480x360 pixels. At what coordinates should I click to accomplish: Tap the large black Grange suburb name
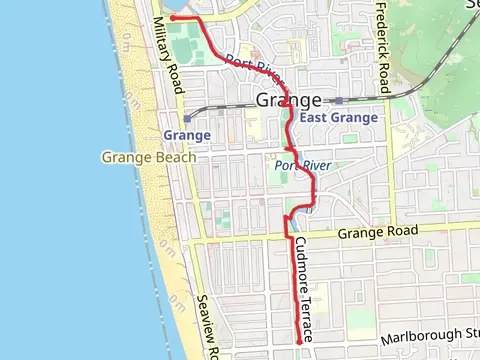point(289,100)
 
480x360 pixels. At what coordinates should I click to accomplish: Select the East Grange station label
point(340,118)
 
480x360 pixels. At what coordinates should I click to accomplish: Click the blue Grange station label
point(187,134)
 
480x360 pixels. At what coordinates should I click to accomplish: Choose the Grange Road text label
point(375,234)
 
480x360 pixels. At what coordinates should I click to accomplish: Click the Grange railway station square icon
point(187,117)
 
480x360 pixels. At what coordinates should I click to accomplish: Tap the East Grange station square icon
point(339,101)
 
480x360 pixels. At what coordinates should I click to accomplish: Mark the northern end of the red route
point(173,18)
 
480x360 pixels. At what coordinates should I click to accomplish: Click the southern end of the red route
point(299,343)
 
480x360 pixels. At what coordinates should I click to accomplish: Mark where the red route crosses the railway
point(287,103)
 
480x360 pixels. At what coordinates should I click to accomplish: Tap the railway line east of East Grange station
point(400,98)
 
